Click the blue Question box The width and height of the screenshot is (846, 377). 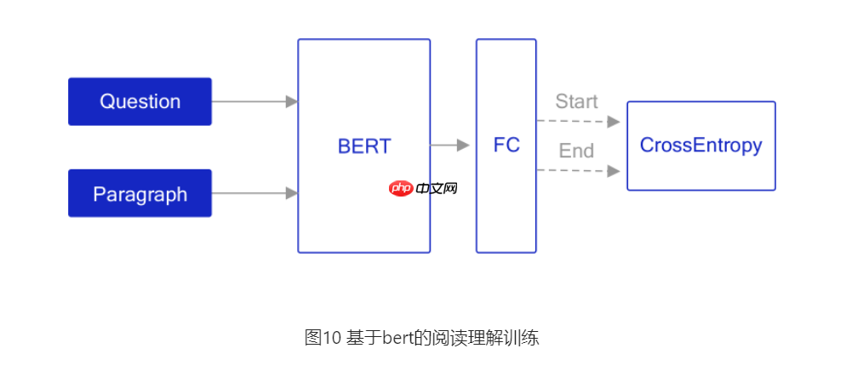tap(140, 101)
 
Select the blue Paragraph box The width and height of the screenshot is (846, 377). tap(140, 193)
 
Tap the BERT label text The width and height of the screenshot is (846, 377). tap(363, 146)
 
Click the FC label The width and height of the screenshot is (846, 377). tap(506, 146)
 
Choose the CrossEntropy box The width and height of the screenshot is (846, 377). tap(700, 146)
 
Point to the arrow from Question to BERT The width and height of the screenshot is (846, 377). tap(254, 101)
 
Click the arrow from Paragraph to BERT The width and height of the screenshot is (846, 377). tap(254, 193)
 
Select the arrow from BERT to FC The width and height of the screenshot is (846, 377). tap(449, 146)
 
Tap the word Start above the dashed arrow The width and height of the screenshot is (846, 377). tap(576, 101)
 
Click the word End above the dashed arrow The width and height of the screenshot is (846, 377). tap(576, 151)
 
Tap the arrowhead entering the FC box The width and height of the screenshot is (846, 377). tap(463, 146)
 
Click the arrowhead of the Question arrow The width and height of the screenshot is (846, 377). tap(292, 101)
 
